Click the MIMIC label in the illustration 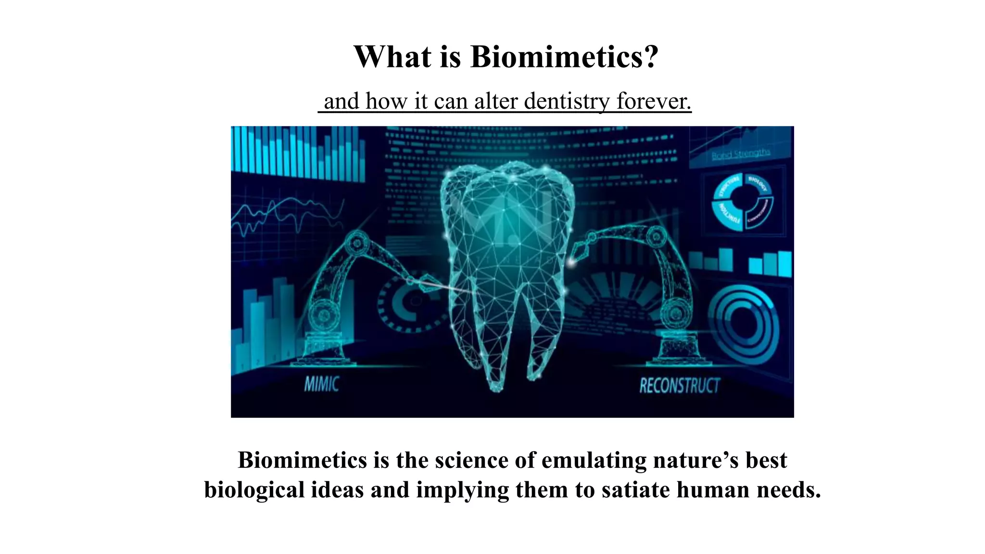point(321,384)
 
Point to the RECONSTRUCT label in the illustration point(679,385)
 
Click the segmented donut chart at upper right point(742,202)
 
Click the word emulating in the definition point(594,460)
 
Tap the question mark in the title point(649,57)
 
